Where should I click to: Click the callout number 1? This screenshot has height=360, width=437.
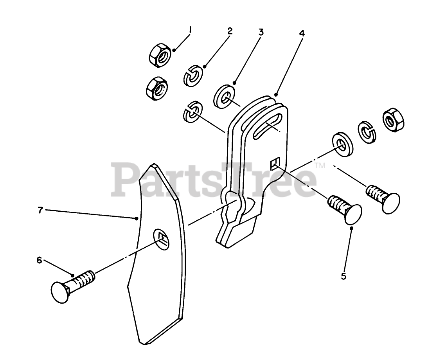pos(190,30)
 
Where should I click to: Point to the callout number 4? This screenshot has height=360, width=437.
pos(301,33)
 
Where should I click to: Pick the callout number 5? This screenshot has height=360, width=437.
pos(343,276)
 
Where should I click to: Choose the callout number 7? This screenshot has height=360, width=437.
pos(40,210)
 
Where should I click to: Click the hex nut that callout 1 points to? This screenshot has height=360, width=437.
pos(159,55)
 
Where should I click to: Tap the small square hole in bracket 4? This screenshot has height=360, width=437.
pos(275,163)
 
